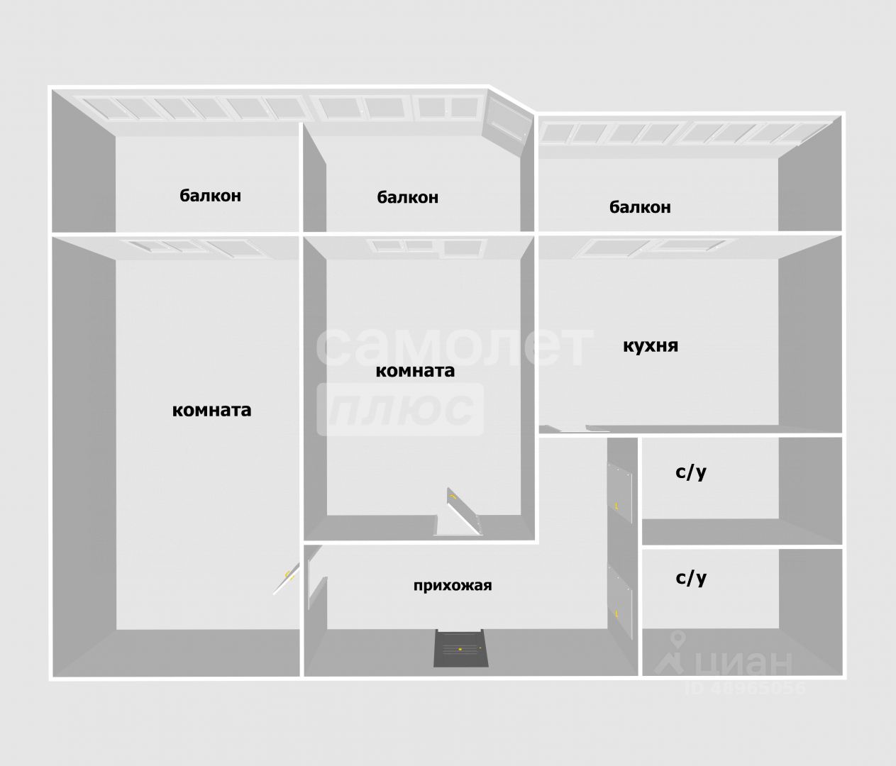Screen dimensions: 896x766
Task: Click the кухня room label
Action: (650, 346)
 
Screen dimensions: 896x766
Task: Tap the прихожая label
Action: (452, 586)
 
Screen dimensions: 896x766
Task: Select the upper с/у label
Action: (690, 472)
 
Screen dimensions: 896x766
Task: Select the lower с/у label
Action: (690, 578)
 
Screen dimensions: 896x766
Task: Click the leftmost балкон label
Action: (210, 196)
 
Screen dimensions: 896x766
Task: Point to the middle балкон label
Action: (407, 197)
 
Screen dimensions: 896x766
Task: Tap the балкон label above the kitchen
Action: (639, 207)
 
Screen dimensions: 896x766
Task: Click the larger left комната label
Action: (211, 410)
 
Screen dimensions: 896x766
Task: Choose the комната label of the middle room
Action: (414, 370)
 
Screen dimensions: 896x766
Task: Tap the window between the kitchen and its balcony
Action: (659, 248)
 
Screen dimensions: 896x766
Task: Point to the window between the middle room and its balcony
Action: (428, 248)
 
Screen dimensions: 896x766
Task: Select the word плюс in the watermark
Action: (401, 409)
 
